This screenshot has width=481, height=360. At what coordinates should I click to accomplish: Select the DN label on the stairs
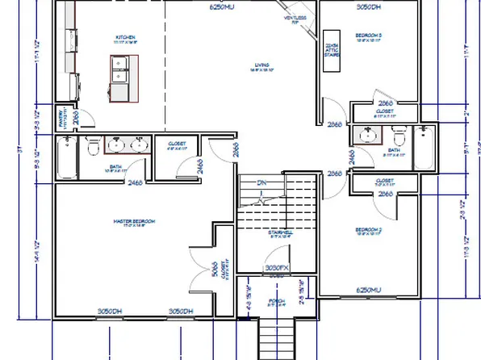coord(261,182)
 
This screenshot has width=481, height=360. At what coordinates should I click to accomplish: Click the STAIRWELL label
coord(279,233)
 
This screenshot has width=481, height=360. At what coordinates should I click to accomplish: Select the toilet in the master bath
coord(93,147)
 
